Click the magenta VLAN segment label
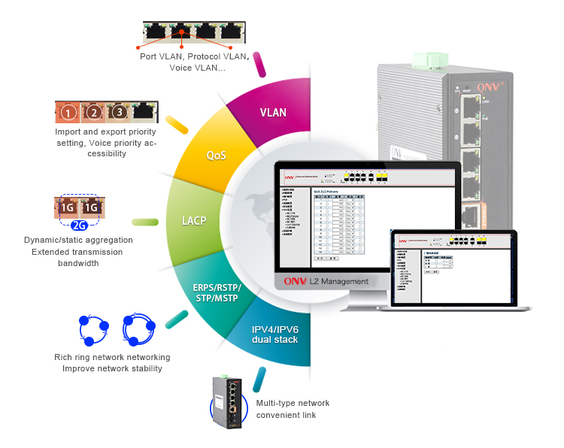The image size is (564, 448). pos(273,113)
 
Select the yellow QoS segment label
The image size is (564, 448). pos(217,156)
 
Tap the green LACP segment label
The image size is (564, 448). pos(193,222)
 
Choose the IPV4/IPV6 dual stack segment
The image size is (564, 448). pos(275,334)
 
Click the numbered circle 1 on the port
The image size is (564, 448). pos(68,113)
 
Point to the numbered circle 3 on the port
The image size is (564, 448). pos(118,113)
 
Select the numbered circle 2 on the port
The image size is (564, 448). pos(93,113)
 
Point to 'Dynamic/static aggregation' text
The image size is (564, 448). pos(79,241)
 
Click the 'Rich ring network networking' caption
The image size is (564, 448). pos(112,357)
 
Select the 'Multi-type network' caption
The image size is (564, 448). pos(293,403)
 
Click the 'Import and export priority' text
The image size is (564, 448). pos(106,132)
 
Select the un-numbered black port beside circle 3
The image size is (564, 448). pos(144,112)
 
